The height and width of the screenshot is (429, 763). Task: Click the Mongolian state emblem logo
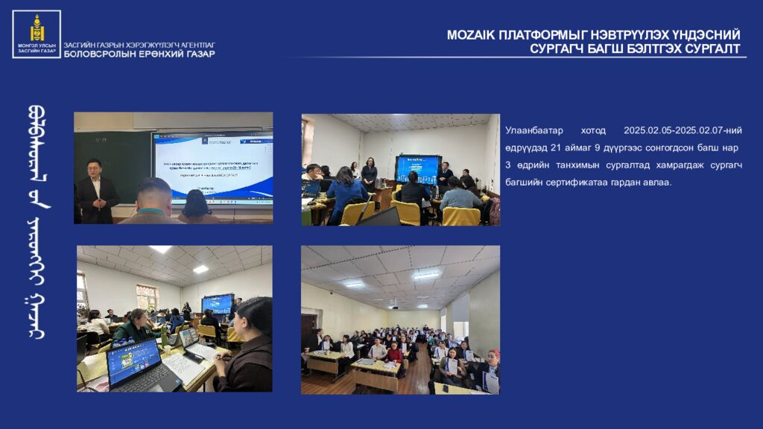pyautogui.click(x=37, y=34)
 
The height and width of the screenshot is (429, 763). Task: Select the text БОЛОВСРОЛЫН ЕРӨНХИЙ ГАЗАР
pyautogui.click(x=139, y=54)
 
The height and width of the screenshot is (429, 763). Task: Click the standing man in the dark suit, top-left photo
pyautogui.click(x=97, y=192)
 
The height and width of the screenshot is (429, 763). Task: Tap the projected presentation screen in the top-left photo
pyautogui.click(x=215, y=168)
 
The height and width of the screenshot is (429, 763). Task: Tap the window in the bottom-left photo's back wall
pyautogui.click(x=146, y=297)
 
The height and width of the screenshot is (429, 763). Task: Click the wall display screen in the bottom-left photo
pyautogui.click(x=217, y=303)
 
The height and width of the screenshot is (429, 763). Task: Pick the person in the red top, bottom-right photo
pyautogui.click(x=393, y=355)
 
